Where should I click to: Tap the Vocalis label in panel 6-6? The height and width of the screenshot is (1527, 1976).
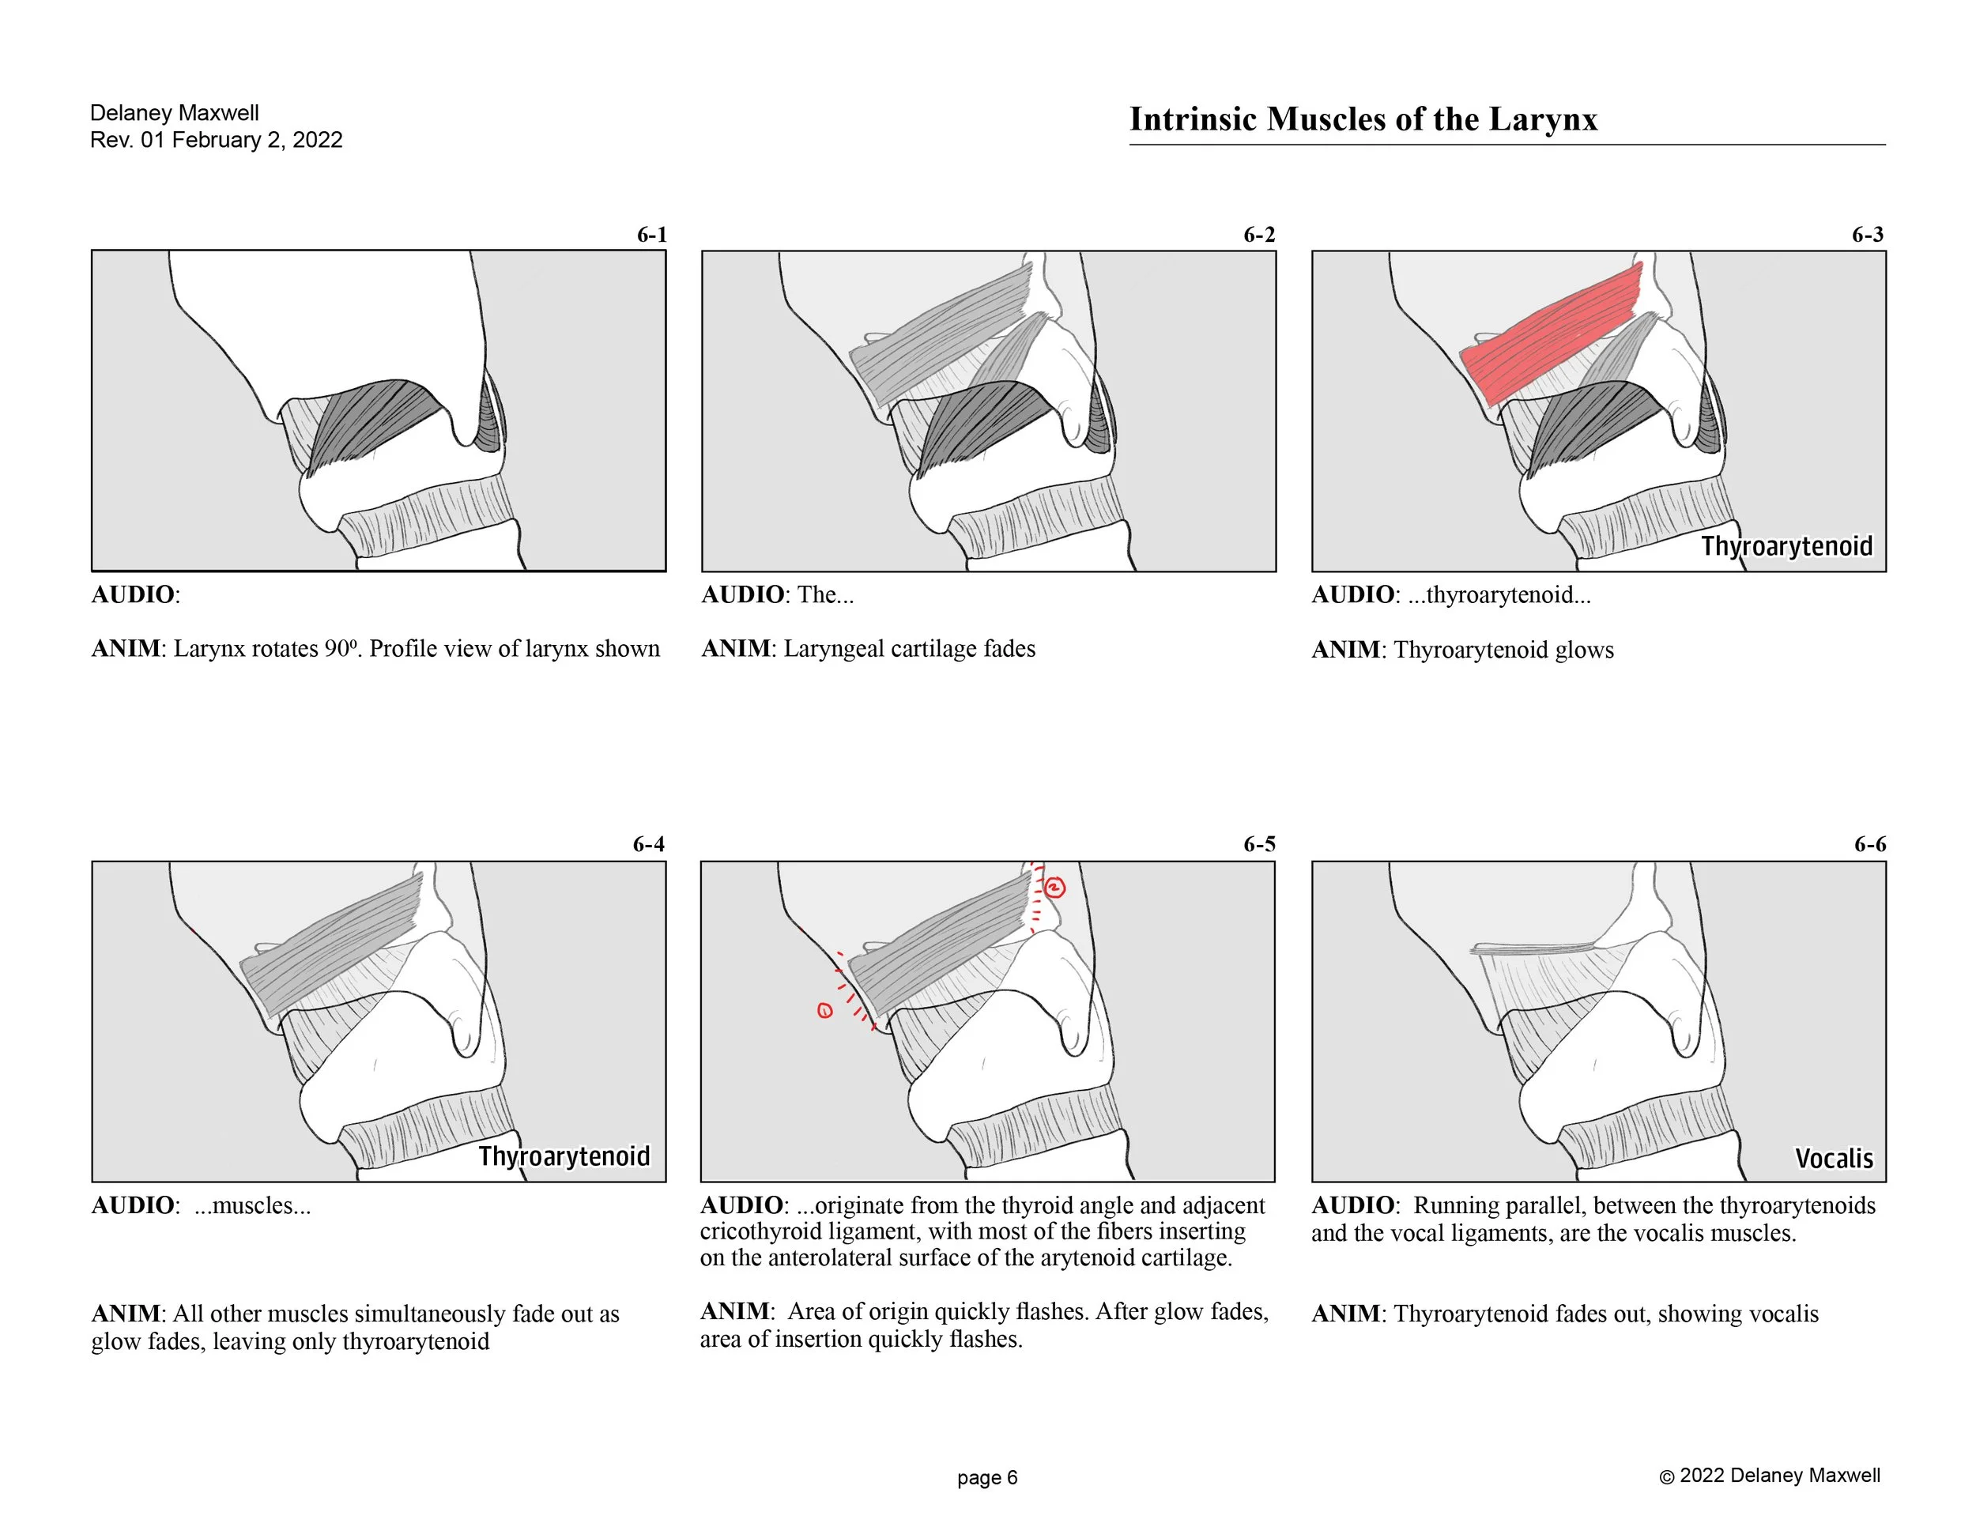(1833, 1159)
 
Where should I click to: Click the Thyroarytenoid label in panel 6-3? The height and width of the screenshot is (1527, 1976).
(1786, 546)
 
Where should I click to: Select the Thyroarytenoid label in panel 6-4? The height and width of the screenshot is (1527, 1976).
(564, 1156)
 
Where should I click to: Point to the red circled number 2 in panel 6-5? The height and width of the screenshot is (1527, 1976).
(1055, 888)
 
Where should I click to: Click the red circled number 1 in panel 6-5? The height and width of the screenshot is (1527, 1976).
(824, 1010)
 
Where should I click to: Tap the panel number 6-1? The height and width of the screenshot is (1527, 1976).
(651, 236)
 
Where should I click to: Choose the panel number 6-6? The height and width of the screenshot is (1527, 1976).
(1869, 844)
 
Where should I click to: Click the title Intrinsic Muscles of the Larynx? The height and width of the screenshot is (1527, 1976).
(1363, 119)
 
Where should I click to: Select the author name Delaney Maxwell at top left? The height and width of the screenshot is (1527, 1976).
(174, 113)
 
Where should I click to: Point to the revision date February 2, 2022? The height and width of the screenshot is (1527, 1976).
(257, 140)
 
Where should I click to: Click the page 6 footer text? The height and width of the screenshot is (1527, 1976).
(987, 1477)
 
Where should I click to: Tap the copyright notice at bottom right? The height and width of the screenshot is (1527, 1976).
(1769, 1476)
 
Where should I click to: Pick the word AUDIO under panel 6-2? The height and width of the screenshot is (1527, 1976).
(742, 594)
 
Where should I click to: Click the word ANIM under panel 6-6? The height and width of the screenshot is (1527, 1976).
(1345, 1314)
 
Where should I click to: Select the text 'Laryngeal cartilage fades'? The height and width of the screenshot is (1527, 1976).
(908, 649)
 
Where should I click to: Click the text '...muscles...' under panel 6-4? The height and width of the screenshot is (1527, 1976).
(252, 1205)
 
